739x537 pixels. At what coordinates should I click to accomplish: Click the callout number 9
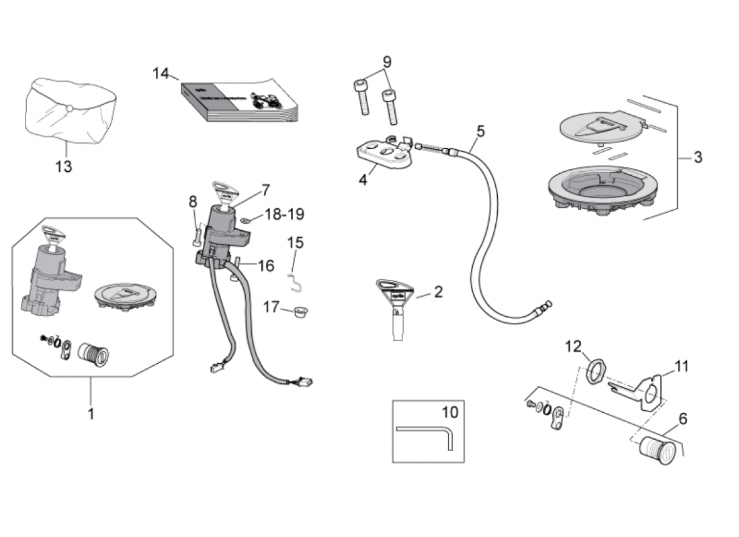[x=387, y=62]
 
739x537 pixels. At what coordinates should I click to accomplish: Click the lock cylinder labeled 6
[x=657, y=450]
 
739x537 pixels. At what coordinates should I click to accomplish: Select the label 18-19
[x=284, y=214]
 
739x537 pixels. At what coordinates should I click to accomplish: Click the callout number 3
[x=697, y=158]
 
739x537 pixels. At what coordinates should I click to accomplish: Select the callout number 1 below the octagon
[x=91, y=413]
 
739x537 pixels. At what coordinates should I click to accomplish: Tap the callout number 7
[x=265, y=190]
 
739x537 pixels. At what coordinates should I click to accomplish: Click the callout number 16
[x=265, y=266]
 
